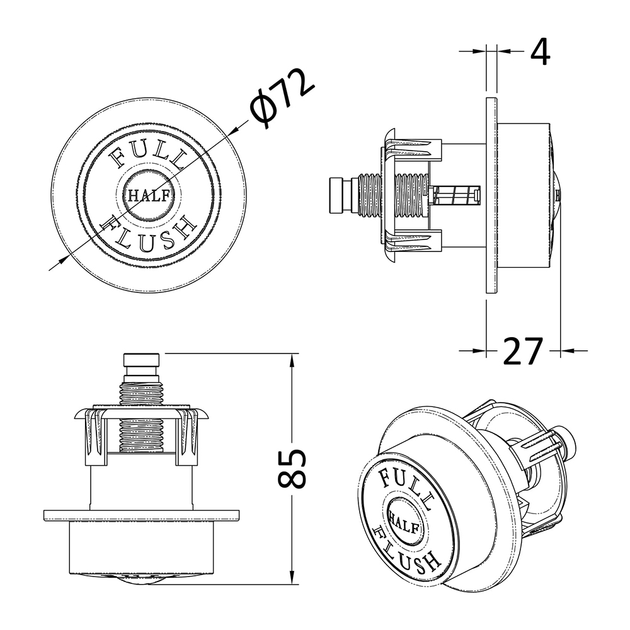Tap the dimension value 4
pos(539,52)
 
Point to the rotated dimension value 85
pos(292,469)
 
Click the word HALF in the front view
pos(149,196)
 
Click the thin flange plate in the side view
pos(492,195)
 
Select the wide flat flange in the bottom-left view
pos(141,515)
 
